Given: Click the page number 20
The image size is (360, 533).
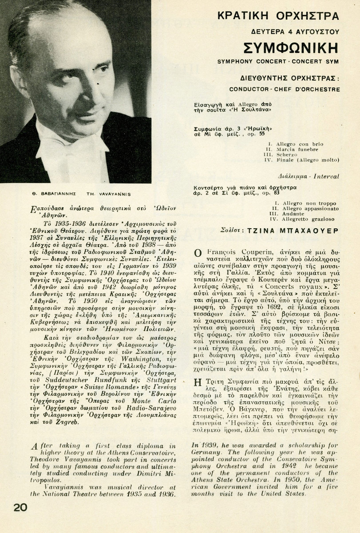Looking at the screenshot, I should pyautogui.click(x=20, y=507).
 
